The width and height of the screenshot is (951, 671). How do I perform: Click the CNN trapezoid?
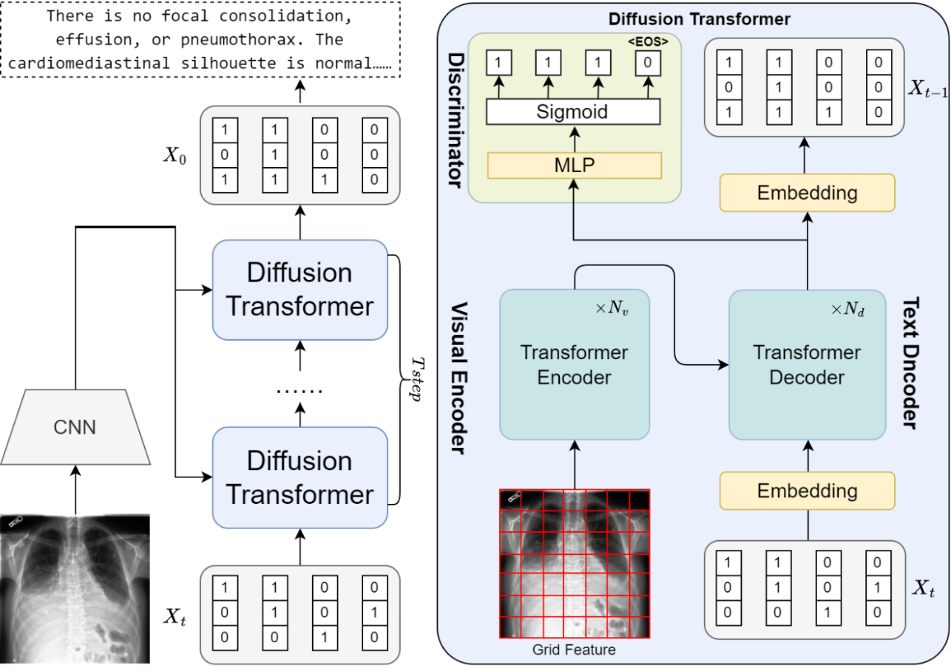click(x=75, y=428)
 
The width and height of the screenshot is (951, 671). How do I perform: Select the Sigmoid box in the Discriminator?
click(x=574, y=112)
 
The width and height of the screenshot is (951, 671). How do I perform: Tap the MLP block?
click(x=574, y=166)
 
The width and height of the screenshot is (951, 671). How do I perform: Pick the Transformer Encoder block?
click(x=575, y=365)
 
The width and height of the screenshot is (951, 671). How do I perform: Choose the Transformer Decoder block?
click(x=807, y=365)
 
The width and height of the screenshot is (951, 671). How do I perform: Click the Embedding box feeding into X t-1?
click(x=807, y=193)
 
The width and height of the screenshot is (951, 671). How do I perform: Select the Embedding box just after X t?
click(x=807, y=491)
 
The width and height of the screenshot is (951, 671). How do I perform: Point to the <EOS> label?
click(x=647, y=42)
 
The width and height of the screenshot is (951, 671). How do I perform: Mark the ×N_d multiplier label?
click(x=847, y=310)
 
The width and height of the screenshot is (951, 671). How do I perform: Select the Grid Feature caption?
click(x=574, y=650)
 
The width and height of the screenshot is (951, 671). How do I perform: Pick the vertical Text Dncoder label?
click(x=910, y=364)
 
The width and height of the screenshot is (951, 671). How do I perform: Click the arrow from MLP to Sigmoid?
click(x=574, y=138)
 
